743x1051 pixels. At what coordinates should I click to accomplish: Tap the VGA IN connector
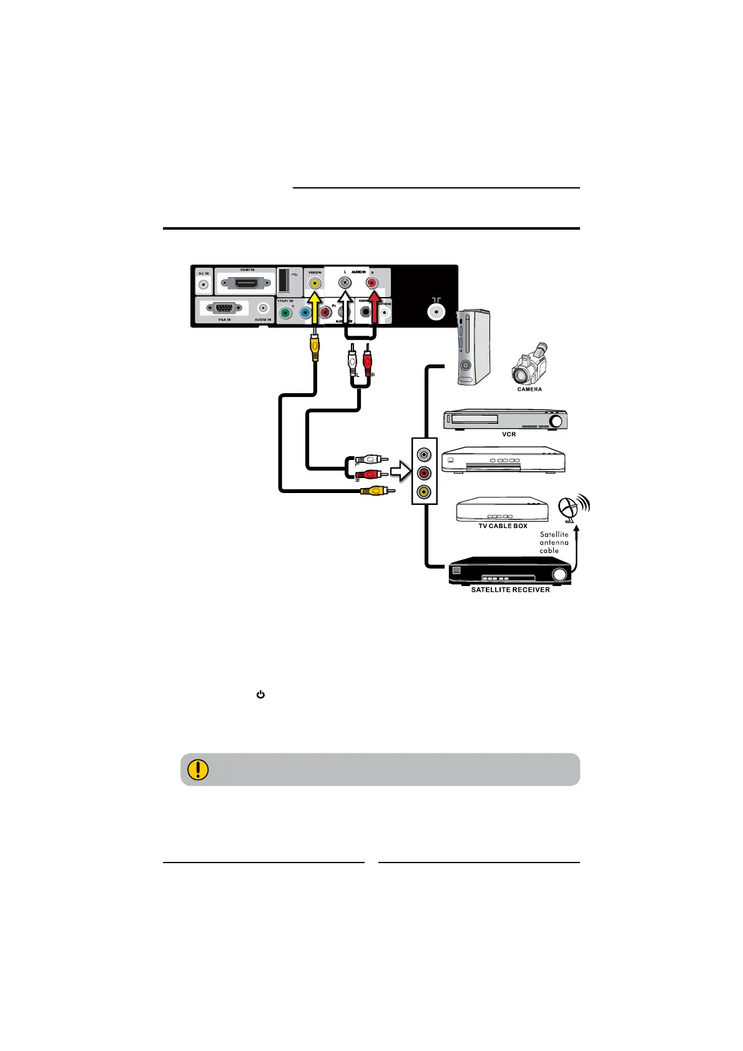coord(225,308)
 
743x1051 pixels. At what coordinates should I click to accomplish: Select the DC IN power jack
coord(204,286)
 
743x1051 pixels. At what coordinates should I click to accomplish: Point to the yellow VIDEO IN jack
coord(315,283)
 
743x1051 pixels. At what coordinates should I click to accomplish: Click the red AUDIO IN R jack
coord(372,283)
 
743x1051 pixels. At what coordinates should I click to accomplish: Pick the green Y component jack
coord(285,313)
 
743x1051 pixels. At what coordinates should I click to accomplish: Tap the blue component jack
coord(305,313)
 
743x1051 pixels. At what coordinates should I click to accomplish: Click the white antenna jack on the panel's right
coord(435,310)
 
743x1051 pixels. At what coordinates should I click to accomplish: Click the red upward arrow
coord(373,312)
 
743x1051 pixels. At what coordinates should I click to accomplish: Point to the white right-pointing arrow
coord(400,473)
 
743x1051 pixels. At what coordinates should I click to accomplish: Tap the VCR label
coord(509,434)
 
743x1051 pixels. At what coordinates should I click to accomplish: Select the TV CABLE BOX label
coord(503,526)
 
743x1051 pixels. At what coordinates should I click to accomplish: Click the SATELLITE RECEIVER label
coord(510,590)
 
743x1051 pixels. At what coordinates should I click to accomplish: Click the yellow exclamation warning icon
coord(198,769)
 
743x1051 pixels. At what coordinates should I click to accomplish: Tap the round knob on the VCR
coord(556,421)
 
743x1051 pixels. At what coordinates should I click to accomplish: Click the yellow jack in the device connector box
coord(424,492)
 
